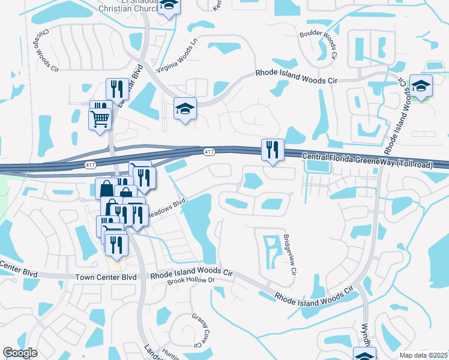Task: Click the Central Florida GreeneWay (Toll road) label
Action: [366, 158]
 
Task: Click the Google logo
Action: [20, 353]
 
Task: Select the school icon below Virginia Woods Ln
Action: [185, 108]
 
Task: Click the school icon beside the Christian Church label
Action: [170, 6]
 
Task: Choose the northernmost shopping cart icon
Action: [100, 117]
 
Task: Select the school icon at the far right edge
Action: [421, 86]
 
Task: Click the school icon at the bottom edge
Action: [364, 354]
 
